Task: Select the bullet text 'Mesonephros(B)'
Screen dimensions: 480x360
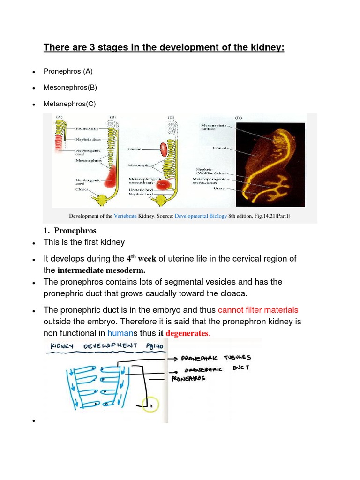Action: (x=70, y=88)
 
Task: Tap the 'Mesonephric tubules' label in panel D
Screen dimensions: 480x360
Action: (x=213, y=127)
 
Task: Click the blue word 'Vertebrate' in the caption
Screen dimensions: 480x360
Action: (x=125, y=216)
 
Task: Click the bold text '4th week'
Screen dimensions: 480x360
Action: (x=141, y=259)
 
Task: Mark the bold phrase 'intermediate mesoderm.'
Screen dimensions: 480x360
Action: (x=101, y=270)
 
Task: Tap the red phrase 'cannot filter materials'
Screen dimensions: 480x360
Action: (x=258, y=310)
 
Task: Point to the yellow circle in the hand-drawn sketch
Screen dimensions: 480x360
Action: (x=151, y=404)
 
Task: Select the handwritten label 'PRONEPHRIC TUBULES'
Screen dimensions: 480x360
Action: (x=216, y=359)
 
